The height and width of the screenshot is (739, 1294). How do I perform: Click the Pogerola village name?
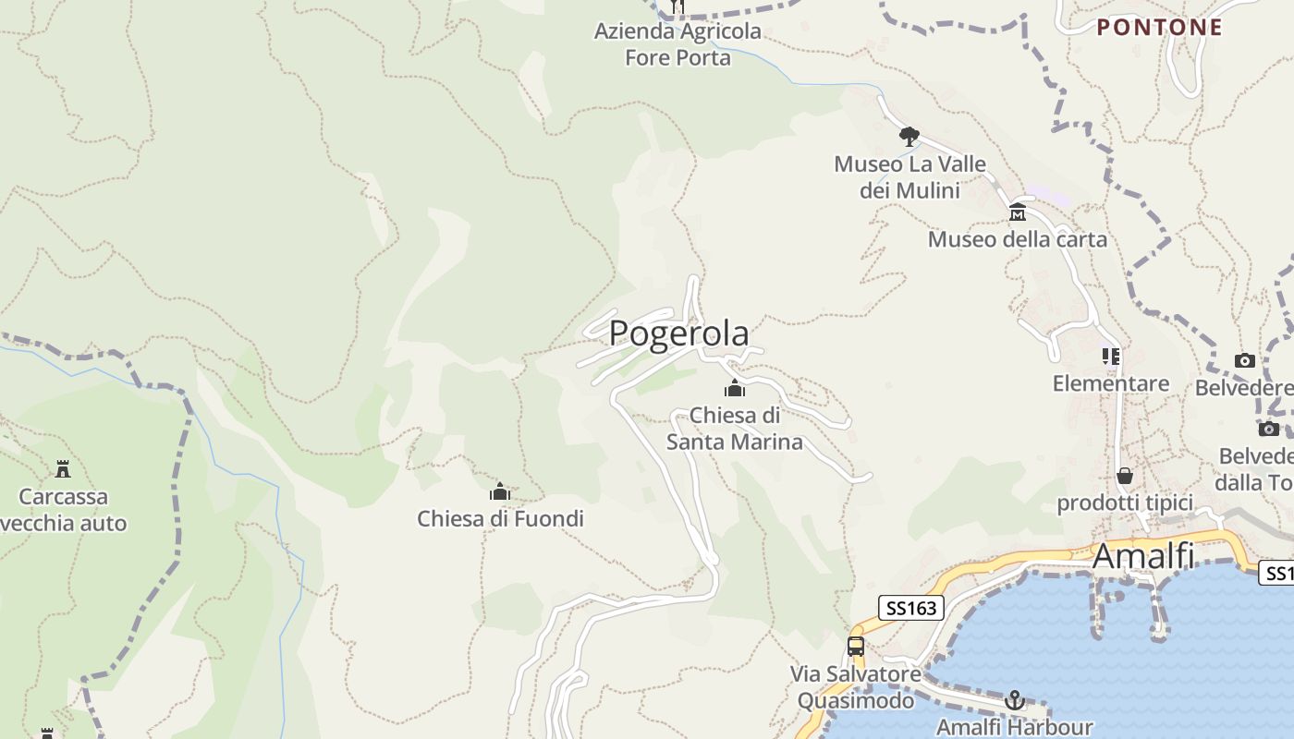[x=678, y=333]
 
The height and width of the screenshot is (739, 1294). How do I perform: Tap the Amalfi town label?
[x=1143, y=557]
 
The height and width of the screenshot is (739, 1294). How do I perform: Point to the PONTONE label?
[x=1160, y=28]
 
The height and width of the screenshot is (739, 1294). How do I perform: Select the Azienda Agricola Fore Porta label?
[x=678, y=44]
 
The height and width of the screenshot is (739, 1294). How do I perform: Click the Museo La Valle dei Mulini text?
[x=909, y=177]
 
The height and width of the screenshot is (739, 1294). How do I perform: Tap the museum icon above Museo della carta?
[x=1018, y=212]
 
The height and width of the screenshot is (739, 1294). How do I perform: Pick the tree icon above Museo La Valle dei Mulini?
[x=909, y=137]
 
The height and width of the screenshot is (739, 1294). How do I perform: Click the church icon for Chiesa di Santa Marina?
[x=735, y=388]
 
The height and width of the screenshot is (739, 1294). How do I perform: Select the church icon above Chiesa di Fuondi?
[x=500, y=491]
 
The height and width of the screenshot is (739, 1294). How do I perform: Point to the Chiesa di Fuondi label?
[x=500, y=519]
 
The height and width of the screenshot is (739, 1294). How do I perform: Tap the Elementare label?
[x=1110, y=383]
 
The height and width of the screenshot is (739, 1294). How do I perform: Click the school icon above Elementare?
[x=1111, y=357]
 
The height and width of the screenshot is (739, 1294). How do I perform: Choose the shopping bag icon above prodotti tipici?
[x=1125, y=477]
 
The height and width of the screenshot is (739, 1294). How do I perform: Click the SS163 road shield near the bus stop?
[x=910, y=608]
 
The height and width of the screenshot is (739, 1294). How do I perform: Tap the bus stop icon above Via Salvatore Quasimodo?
[x=856, y=647]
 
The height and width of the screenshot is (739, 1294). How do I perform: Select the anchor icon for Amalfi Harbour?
[x=1015, y=700]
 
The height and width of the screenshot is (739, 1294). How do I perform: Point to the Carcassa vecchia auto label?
[x=64, y=510]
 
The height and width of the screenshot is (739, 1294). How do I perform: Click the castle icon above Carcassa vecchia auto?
[x=63, y=469]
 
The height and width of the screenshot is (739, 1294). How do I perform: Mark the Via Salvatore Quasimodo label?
[x=856, y=687]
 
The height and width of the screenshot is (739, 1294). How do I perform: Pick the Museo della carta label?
[x=1017, y=240]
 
